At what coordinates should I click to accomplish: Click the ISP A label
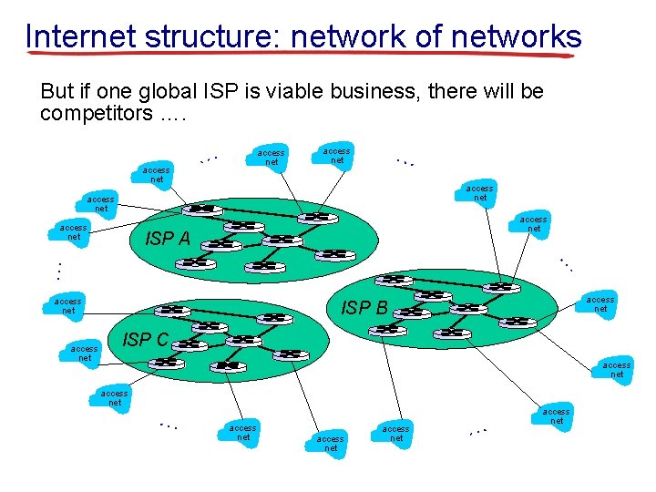tap(169, 240)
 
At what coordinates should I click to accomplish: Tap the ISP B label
tap(364, 308)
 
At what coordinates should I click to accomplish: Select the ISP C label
tap(145, 340)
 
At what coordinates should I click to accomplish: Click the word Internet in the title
tap(80, 36)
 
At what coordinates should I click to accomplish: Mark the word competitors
tap(97, 114)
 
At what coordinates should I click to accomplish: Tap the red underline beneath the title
tap(301, 55)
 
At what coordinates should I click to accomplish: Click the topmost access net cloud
tap(337, 155)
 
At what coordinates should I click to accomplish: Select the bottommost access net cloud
tap(331, 444)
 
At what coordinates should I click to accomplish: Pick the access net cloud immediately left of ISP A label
tap(74, 231)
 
